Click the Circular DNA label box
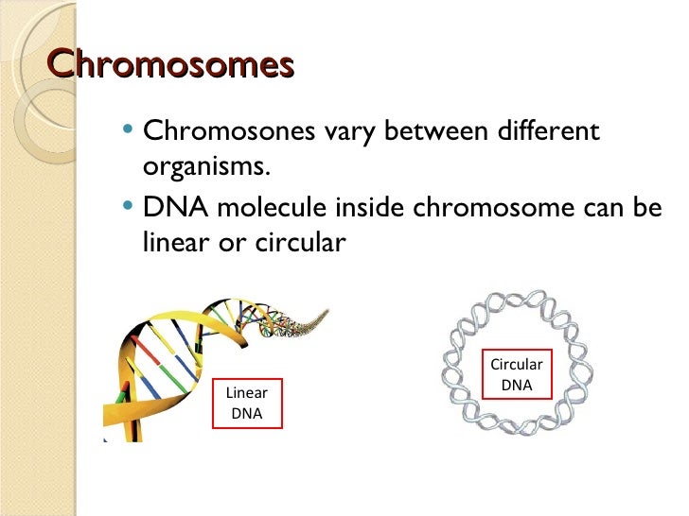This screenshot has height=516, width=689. (517, 374)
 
